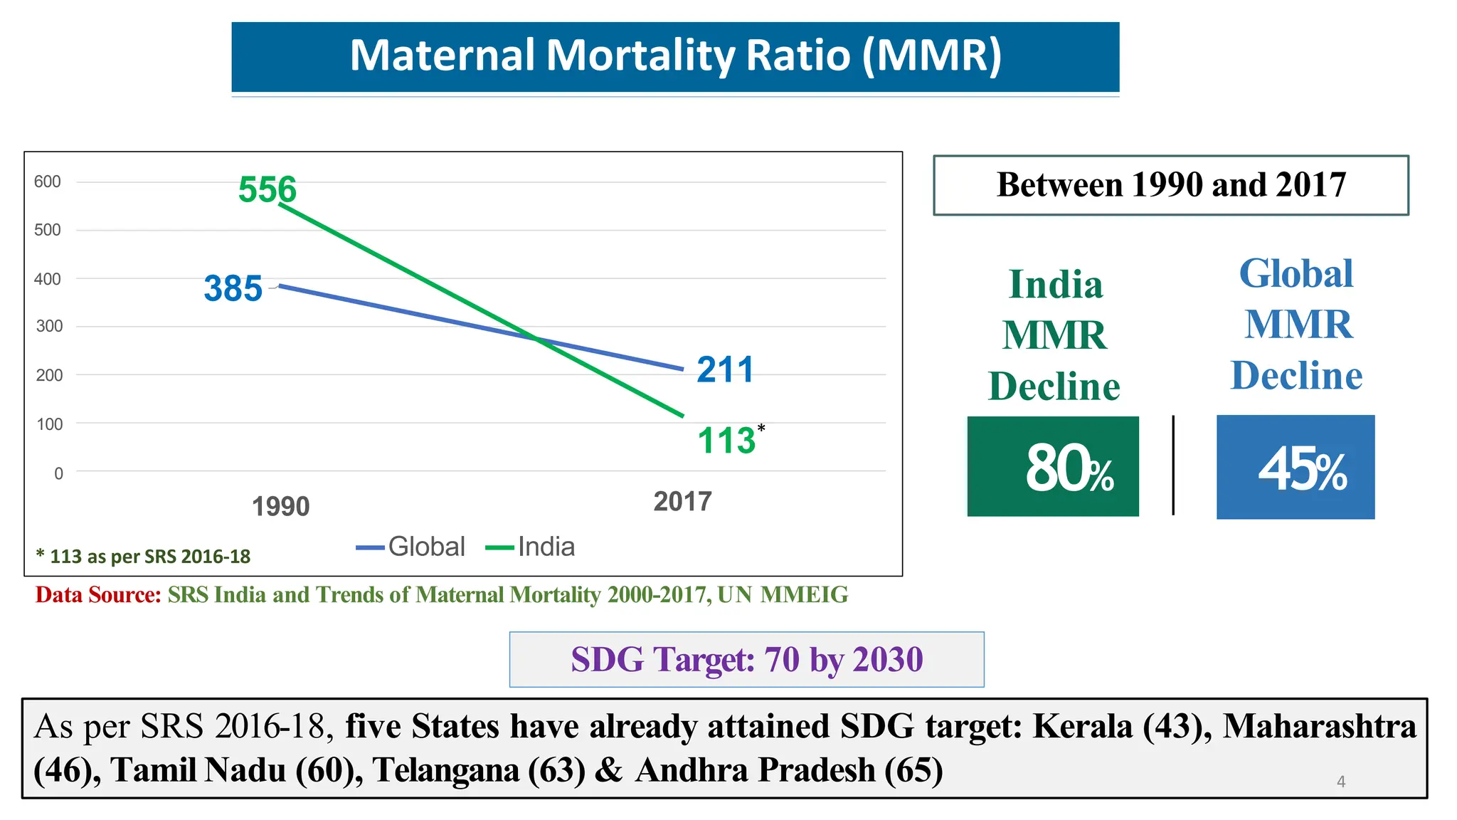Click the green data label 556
267,189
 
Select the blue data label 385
233,288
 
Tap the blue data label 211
725,369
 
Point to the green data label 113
726,440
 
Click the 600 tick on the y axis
48,182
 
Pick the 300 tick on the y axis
49,326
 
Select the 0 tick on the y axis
58,473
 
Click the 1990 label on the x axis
281,506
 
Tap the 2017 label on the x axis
682,501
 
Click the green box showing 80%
1053,466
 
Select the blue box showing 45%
1296,467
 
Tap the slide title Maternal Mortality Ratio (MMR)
675,56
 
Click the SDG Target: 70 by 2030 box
746,659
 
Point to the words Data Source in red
98,594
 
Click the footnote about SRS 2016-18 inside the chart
143,556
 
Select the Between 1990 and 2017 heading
1171,185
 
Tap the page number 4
1341,782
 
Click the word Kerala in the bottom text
1083,726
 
